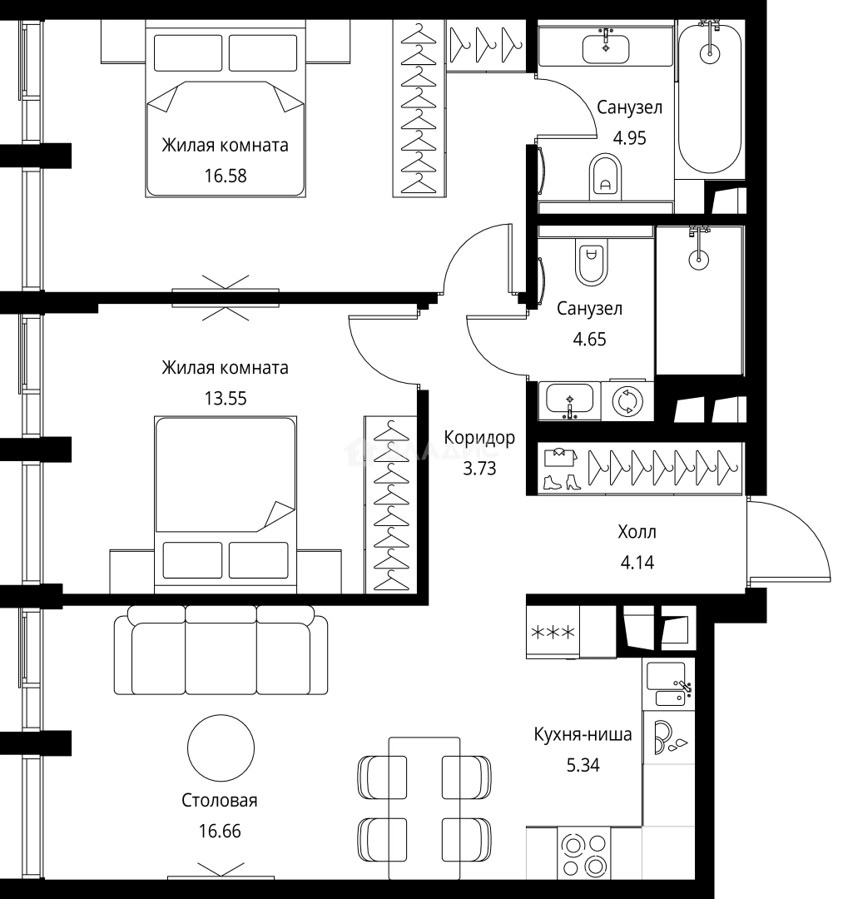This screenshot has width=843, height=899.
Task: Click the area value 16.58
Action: click(226, 176)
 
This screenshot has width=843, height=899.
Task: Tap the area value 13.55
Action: click(226, 398)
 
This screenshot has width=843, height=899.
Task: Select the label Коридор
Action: click(479, 438)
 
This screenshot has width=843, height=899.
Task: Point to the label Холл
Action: click(637, 532)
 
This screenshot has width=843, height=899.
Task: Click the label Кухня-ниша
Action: click(583, 734)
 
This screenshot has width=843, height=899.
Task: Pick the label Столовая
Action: click(220, 801)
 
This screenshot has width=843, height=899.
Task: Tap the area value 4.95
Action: click(629, 137)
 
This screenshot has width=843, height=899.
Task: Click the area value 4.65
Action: click(589, 339)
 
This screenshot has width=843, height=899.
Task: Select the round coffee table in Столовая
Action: click(221, 748)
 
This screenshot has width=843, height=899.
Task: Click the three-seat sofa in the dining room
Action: click(221, 650)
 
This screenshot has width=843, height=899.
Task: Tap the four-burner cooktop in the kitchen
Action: click(583, 853)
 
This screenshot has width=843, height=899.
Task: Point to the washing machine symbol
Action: click(627, 401)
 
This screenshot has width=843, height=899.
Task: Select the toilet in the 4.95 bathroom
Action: click(605, 176)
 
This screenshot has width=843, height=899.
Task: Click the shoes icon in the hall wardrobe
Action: click(561, 482)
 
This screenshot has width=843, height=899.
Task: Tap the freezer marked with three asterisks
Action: click(553, 633)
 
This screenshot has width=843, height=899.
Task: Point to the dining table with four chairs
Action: click(424, 808)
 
